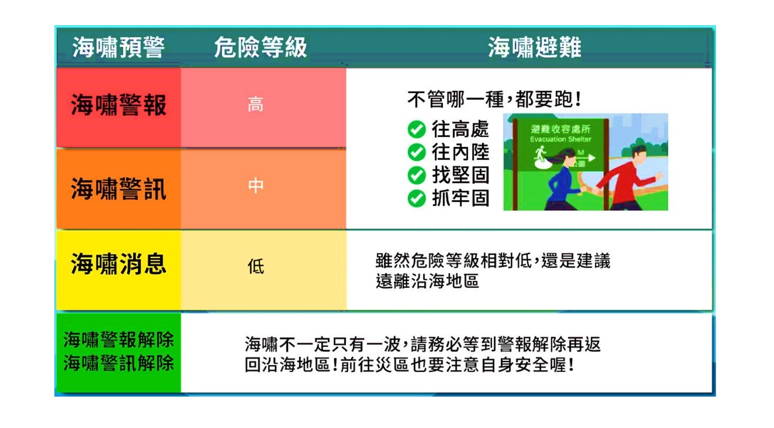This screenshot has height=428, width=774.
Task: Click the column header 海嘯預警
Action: (118, 48)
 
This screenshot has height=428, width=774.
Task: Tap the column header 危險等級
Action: (260, 48)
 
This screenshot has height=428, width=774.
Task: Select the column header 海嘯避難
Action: (534, 48)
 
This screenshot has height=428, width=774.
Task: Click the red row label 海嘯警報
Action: (119, 105)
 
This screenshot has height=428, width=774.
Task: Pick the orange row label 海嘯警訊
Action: (119, 189)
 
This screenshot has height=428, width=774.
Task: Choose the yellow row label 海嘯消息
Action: (119, 264)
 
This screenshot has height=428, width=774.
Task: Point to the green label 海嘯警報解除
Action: (119, 340)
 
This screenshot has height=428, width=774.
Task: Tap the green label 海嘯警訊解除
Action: (119, 363)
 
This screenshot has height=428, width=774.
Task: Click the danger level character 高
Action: (255, 105)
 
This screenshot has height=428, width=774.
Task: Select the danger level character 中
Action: (256, 186)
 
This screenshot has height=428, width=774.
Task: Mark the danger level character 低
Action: (256, 267)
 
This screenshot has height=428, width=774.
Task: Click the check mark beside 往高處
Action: (416, 129)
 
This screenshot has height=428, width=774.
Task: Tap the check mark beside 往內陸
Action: (416, 152)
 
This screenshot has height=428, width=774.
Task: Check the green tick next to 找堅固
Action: (416, 175)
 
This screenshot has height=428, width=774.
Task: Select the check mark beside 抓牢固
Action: (416, 198)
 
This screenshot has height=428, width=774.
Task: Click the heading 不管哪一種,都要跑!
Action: (494, 99)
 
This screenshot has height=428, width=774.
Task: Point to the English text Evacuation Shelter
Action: (560, 139)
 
